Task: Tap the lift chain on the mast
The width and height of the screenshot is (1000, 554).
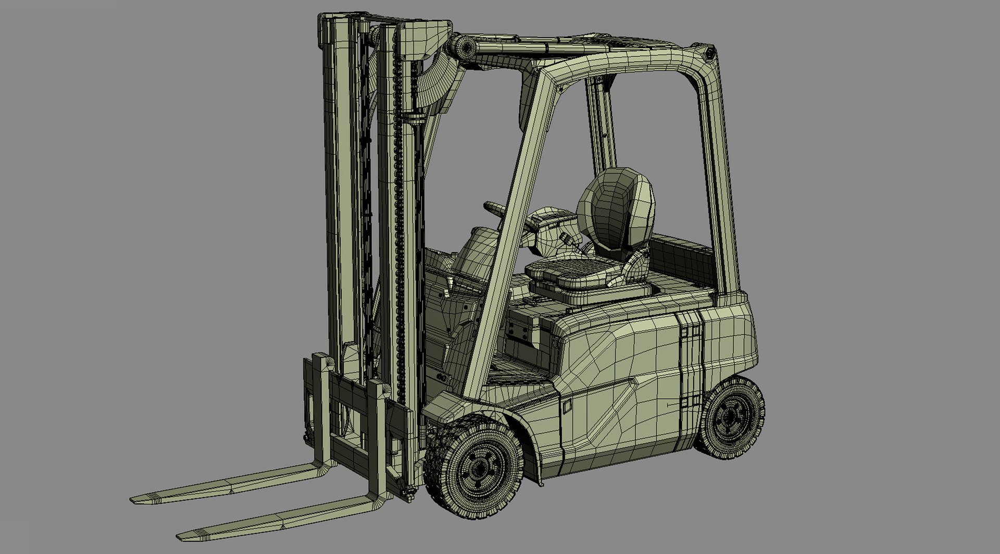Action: [x=400, y=208]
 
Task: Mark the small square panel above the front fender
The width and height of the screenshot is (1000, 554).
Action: [x=567, y=407]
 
